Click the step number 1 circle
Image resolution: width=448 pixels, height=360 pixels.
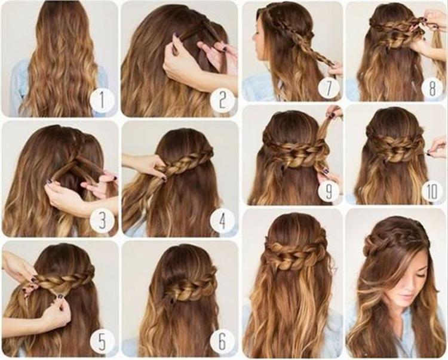pyautogui.click(x=102, y=100)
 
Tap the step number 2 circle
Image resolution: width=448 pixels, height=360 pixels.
pyautogui.click(x=223, y=100)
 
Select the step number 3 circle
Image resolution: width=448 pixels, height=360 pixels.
pyautogui.click(x=102, y=220)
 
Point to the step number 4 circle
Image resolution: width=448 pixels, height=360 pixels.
pyautogui.click(x=223, y=220)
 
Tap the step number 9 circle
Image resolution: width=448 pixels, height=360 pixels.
pyautogui.click(x=329, y=191)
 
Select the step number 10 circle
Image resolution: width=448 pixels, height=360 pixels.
pyautogui.click(x=432, y=191)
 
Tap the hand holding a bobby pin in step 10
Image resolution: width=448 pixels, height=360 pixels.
pyautogui.click(x=436, y=147)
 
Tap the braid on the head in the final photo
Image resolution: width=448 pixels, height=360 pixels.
pyautogui.click(x=394, y=239)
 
